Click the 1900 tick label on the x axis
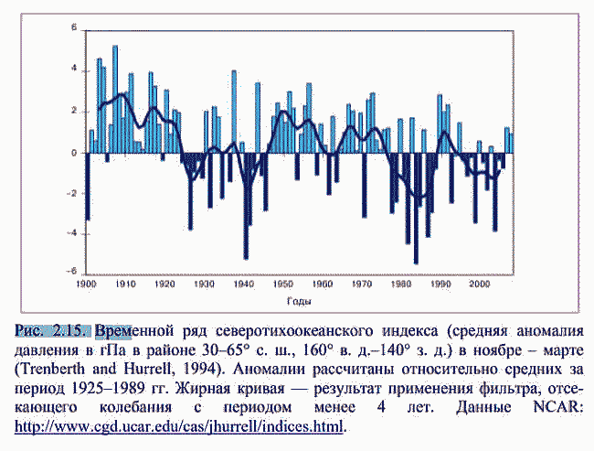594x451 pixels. pos(87,285)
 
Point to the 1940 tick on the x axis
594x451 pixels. pos(243,285)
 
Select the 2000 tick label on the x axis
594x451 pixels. pos(478,285)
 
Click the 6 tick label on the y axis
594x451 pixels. pos(74,28)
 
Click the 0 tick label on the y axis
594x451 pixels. pos(74,152)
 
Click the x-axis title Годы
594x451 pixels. pos(298,302)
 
